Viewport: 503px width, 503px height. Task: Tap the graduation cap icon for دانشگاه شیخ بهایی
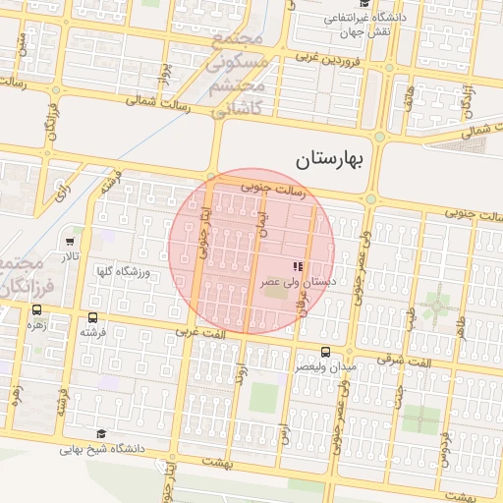pyautogui.click(x=101, y=433)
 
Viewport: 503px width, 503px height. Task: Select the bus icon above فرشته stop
pyautogui.click(x=92, y=318)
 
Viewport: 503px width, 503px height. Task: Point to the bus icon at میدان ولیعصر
pyautogui.click(x=326, y=352)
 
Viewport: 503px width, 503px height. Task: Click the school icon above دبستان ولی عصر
pyautogui.click(x=298, y=266)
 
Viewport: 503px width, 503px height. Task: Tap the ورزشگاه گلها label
pyautogui.click(x=121, y=270)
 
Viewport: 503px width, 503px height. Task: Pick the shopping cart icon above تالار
pyautogui.click(x=70, y=242)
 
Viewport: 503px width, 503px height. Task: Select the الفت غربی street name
pyautogui.click(x=201, y=333)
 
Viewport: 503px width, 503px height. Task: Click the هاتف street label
pyautogui.click(x=408, y=96)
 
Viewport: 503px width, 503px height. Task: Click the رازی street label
pyautogui.click(x=61, y=189)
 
